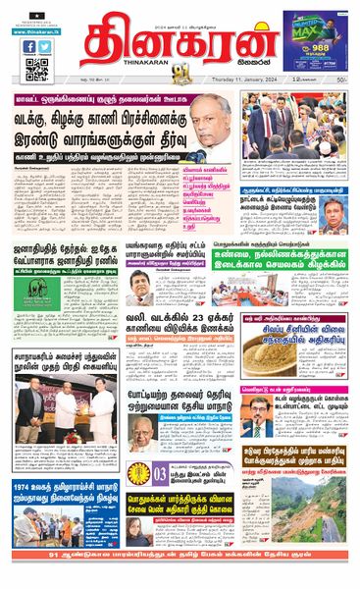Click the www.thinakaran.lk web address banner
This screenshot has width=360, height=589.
pos(37,31)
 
